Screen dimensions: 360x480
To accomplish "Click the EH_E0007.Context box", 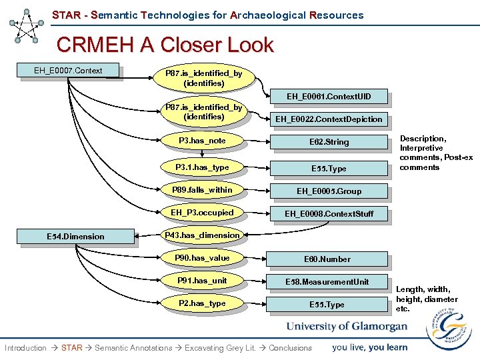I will (x=69, y=70).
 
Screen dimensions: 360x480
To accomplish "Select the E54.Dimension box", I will (x=75, y=236).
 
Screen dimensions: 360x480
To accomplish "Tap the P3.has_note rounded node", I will (x=202, y=141).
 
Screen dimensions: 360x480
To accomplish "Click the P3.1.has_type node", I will (x=202, y=167).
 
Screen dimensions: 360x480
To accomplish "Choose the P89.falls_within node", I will (x=202, y=190).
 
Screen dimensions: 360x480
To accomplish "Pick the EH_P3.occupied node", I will (x=202, y=213).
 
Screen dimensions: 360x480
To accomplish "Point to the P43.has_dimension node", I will (x=202, y=235).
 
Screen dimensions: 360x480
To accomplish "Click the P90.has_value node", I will (x=202, y=258).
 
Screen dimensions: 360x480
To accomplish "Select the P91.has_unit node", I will (x=202, y=281).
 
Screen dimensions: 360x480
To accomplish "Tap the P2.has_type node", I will (x=202, y=303).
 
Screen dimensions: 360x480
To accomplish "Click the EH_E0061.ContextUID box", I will (x=329, y=97).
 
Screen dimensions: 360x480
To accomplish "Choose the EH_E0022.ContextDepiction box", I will (x=329, y=119).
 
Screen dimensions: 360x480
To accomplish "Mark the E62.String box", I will (x=329, y=142).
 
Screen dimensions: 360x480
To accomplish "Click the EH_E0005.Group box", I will (x=329, y=191).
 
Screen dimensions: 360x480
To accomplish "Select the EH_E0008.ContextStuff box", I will (x=329, y=214).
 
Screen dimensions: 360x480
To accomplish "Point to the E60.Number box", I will (x=327, y=259).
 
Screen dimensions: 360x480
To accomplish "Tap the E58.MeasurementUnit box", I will (x=327, y=282).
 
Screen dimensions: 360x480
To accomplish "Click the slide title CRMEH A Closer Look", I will (x=165, y=45).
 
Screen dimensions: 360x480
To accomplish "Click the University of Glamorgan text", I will (x=347, y=327).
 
